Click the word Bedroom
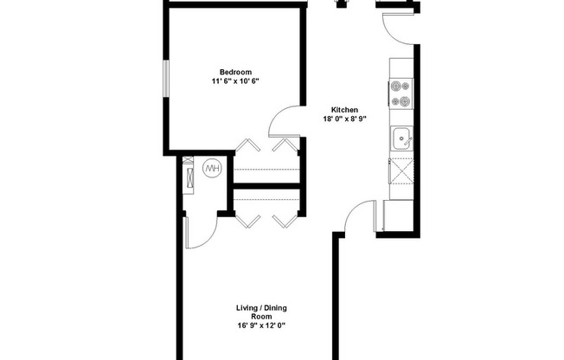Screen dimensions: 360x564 235,71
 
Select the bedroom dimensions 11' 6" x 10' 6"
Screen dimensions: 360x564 235,80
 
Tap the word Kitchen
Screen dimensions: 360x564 344,110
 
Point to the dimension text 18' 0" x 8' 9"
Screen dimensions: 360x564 344,119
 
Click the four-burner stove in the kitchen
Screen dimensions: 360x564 401,93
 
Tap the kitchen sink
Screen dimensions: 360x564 401,138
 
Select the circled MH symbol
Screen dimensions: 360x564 212,168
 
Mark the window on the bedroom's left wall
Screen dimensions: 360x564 167,81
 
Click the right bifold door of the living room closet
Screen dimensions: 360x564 285,220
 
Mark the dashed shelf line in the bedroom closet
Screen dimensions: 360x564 266,170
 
